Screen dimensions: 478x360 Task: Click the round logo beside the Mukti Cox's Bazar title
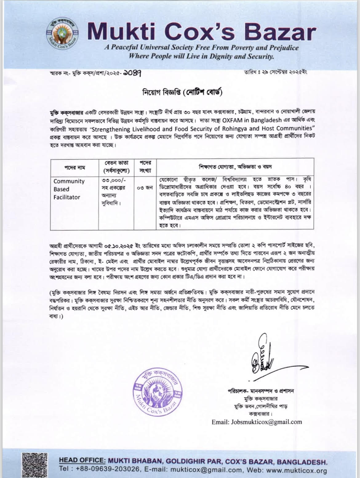[64, 36]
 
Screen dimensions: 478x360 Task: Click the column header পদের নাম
[74, 168]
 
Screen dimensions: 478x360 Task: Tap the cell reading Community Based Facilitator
[69, 189]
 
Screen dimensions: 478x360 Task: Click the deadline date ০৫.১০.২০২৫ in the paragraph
[119, 247]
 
